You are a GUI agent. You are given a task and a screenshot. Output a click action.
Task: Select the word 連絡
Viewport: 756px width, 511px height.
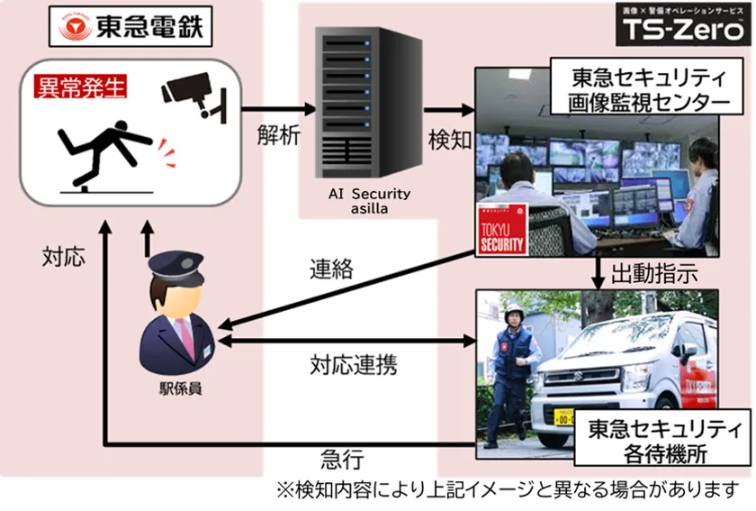[x=332, y=269]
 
